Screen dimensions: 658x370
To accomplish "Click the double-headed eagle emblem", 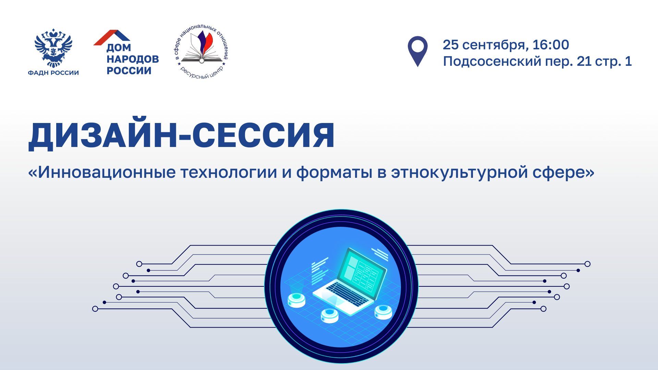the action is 53,48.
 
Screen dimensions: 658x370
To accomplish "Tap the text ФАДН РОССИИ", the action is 53,73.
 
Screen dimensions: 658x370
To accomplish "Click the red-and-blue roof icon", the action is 112,37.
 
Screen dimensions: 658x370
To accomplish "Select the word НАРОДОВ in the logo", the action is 133,59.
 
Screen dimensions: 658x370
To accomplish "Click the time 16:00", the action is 551,45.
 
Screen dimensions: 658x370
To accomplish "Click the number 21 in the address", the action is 584,61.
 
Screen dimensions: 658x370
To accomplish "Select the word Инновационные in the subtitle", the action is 107,172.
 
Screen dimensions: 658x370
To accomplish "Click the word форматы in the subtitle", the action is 334,173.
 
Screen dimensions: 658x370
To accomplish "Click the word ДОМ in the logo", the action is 119,48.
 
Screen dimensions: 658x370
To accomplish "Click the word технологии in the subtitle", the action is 229,172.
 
